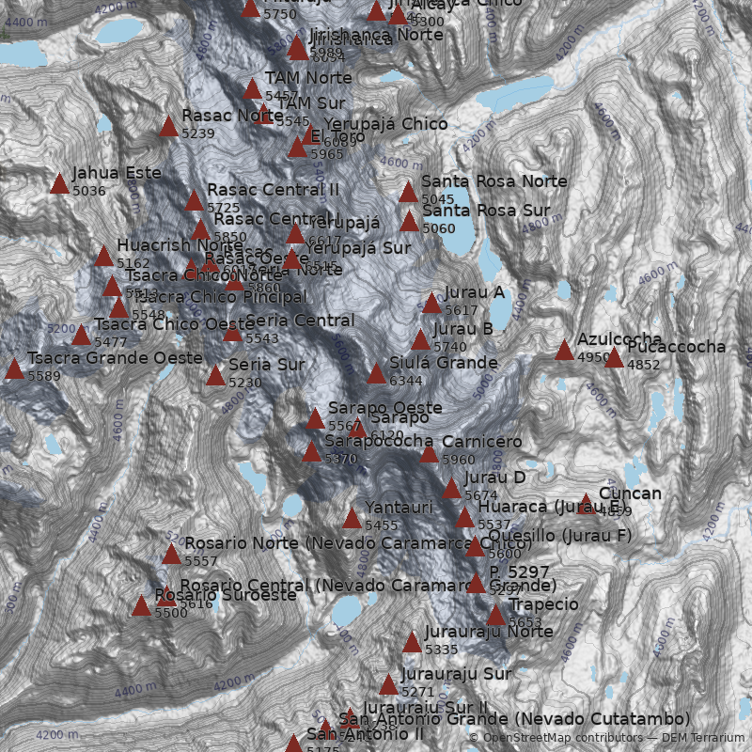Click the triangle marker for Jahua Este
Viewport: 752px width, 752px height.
tap(59, 183)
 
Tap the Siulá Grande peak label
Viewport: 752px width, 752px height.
tap(444, 363)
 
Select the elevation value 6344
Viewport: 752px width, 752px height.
tap(405, 381)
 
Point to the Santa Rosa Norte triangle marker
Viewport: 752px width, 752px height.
tap(408, 193)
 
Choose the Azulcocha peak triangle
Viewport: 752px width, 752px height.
tap(564, 351)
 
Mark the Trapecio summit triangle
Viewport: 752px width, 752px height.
tap(495, 616)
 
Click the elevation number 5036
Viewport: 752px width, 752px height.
tap(88, 191)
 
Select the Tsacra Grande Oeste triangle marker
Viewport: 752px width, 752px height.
tap(14, 369)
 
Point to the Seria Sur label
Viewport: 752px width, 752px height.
tap(266, 365)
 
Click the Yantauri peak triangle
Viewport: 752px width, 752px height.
tap(352, 519)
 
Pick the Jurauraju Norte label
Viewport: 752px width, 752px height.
tap(489, 632)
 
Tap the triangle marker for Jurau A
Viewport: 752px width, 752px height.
tap(431, 304)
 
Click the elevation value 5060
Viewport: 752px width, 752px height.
tap(438, 228)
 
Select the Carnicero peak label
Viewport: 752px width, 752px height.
tap(482, 442)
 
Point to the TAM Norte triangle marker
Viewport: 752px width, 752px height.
tap(252, 89)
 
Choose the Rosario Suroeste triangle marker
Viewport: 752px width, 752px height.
tap(141, 606)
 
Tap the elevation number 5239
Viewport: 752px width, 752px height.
tap(198, 133)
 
